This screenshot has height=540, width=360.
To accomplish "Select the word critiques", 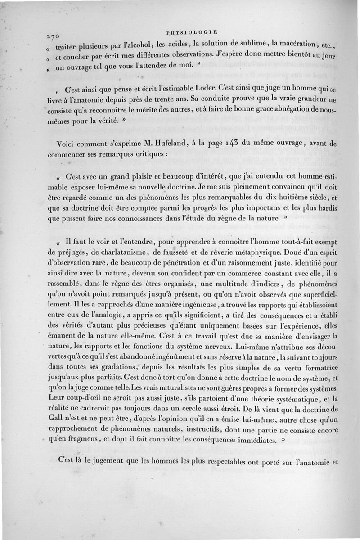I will click(146, 154).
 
